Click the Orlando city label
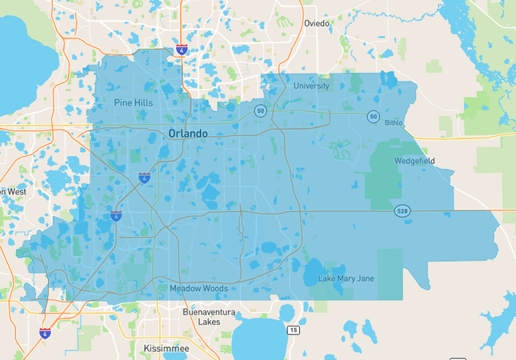tap(189, 134)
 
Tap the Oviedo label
tap(316, 23)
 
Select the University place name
tap(311, 86)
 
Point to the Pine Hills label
tap(134, 102)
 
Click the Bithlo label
tap(394, 123)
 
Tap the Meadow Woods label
tap(198, 288)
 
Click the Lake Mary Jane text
tap(346, 278)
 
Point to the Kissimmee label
tap(166, 349)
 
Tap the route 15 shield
tap(294, 330)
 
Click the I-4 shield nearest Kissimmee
tap(46, 332)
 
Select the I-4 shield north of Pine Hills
tap(182, 50)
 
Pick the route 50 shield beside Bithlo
tap(373, 117)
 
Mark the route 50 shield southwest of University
tap(260, 111)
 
